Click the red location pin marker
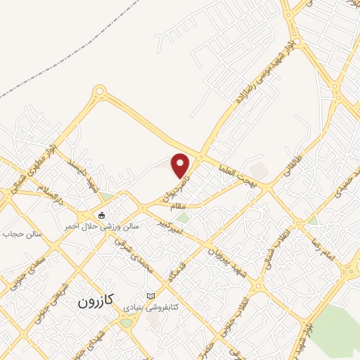click(181, 165)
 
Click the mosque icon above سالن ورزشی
click(102, 214)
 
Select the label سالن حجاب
click(25, 233)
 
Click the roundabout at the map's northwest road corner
click(99, 91)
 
